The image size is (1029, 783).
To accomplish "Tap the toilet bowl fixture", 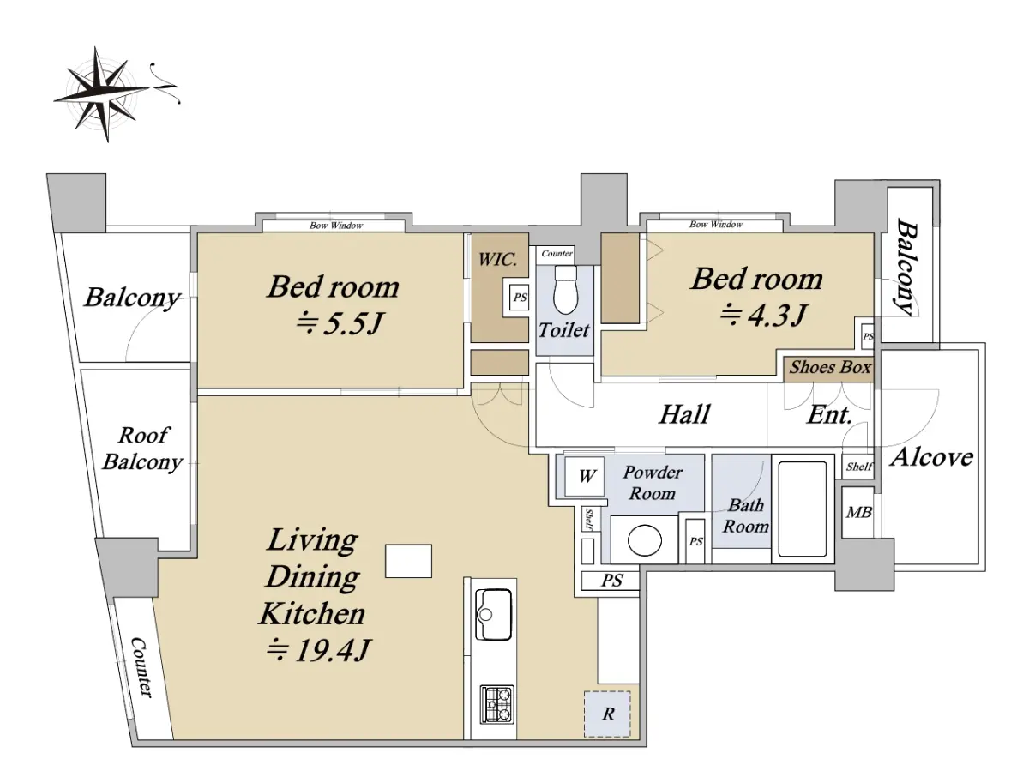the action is (565, 289).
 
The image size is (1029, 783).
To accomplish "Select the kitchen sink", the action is (493, 615).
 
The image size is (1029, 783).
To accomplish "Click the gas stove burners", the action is (496, 704).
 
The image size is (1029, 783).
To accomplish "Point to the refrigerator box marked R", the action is (607, 714).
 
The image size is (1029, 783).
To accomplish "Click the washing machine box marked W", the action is (584, 476).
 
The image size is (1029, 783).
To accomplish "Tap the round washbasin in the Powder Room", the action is (645, 540).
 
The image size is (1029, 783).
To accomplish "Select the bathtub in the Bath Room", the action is (802, 509).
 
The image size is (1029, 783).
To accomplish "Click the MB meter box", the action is (858, 513).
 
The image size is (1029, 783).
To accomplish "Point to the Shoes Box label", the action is (830, 367).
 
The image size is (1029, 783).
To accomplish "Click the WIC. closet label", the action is (497, 259).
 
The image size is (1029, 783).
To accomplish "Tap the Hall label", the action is (684, 414).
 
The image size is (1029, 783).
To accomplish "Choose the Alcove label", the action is (931, 457).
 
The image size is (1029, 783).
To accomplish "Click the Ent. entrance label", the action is (829, 414).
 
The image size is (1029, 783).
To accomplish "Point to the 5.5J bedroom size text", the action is (340, 324).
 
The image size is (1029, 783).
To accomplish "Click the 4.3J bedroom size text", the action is (762, 315).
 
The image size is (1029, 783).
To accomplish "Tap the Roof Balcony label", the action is (143, 449).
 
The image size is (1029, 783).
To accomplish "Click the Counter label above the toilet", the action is (557, 254).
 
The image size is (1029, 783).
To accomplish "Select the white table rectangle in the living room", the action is (408, 561).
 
